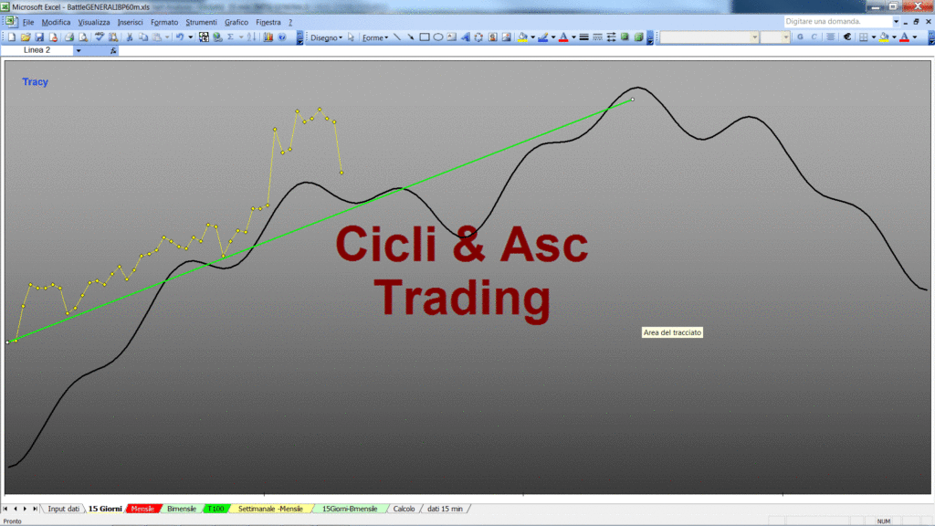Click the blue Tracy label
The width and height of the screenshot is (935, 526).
point(36,81)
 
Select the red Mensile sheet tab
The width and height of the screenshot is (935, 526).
point(142,509)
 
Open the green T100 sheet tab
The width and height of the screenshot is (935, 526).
point(215,509)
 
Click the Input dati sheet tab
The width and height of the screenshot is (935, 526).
point(63,509)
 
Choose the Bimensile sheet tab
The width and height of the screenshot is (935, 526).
point(182,509)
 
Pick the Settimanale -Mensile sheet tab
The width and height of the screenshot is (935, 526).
point(270,509)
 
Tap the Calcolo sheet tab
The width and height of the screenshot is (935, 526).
point(404,509)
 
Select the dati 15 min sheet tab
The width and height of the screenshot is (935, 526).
point(445,509)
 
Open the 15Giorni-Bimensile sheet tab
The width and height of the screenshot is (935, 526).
point(350,509)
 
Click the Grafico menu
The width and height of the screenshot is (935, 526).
point(236,22)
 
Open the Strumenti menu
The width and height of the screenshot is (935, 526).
point(201,22)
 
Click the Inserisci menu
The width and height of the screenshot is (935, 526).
point(130,22)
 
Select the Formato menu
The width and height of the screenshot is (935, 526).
point(164,22)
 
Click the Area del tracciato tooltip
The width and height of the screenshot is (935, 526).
point(672,332)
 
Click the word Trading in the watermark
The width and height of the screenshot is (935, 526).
point(462,299)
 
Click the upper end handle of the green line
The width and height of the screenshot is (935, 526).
point(633,100)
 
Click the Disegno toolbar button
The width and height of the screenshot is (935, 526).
point(326,37)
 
